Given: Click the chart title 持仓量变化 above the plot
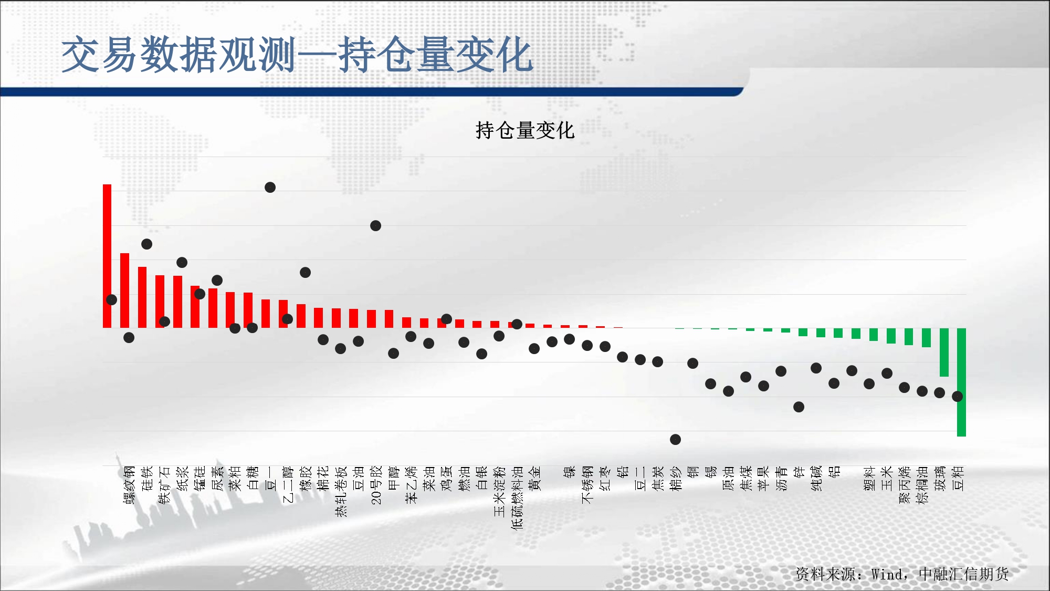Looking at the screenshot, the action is click(525, 130).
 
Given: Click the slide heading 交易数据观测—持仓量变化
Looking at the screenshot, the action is click(297, 55).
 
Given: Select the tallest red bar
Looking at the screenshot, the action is click(107, 256).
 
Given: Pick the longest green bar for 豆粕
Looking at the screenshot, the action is click(961, 382).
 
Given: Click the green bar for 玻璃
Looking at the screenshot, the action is click(944, 352).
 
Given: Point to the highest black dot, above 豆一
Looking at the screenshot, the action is click(270, 188).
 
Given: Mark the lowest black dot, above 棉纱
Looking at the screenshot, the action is click(676, 439).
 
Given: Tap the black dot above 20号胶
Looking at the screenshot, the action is click(375, 226).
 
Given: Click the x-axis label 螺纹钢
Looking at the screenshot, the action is click(129, 484).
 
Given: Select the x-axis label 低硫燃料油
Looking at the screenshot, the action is click(517, 497).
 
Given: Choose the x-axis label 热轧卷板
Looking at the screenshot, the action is click(341, 491).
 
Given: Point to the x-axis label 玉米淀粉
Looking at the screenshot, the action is click(500, 491).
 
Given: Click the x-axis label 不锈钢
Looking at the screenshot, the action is click(587, 484).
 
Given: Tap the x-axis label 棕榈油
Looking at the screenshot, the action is click(922, 484).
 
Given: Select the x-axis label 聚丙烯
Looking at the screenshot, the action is click(905, 484).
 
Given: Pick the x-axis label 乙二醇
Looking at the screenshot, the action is click(288, 484).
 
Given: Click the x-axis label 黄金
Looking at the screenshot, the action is click(535, 478).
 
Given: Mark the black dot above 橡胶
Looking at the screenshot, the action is click(305, 272).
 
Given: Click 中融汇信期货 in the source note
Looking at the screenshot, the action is click(963, 574).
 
